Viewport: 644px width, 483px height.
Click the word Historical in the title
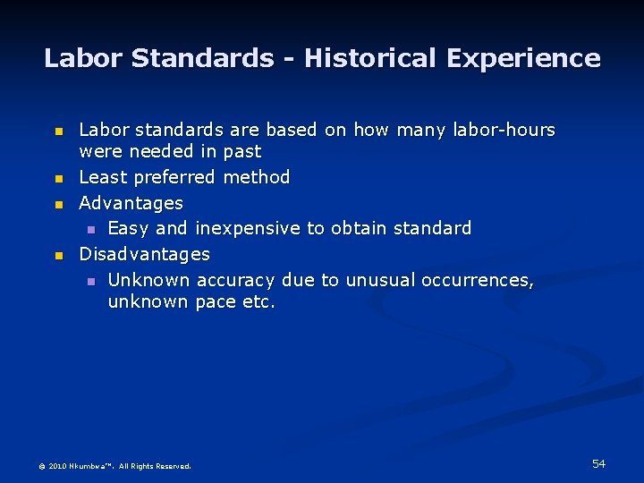click(x=371, y=59)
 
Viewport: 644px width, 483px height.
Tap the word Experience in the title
click(x=523, y=59)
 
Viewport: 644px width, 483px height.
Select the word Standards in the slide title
click(x=202, y=59)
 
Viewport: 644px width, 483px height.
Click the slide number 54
click(x=598, y=463)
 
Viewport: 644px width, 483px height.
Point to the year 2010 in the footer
click(x=57, y=466)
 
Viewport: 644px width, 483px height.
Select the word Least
click(x=101, y=177)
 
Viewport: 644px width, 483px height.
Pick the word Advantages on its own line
click(x=131, y=203)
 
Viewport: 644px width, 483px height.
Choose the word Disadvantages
click(x=145, y=254)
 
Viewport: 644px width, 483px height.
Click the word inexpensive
click(x=247, y=228)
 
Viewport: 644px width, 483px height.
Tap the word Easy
click(x=129, y=228)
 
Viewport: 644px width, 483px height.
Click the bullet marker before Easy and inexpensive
click(x=90, y=230)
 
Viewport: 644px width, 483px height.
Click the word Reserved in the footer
click(x=173, y=466)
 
